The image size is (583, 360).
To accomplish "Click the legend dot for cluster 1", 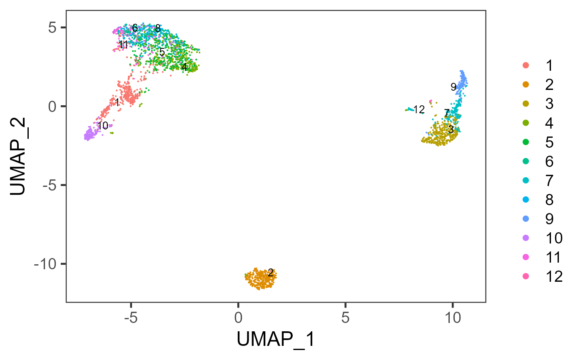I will [526, 65].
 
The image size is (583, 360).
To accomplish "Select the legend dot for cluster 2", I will [526, 84].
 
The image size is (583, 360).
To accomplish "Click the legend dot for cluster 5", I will [526, 142].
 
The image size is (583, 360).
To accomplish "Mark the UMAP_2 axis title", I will [20, 156].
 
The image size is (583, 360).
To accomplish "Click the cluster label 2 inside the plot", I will [271, 273].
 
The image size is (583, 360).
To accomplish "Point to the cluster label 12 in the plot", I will [419, 110].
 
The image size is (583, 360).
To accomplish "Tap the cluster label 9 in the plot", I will [453, 87].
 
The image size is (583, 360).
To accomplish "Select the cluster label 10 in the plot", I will [102, 126].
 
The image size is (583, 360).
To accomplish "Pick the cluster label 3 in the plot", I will [451, 130].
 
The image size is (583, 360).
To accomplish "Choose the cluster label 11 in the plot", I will [123, 45].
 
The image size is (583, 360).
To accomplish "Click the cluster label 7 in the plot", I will [446, 113].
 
